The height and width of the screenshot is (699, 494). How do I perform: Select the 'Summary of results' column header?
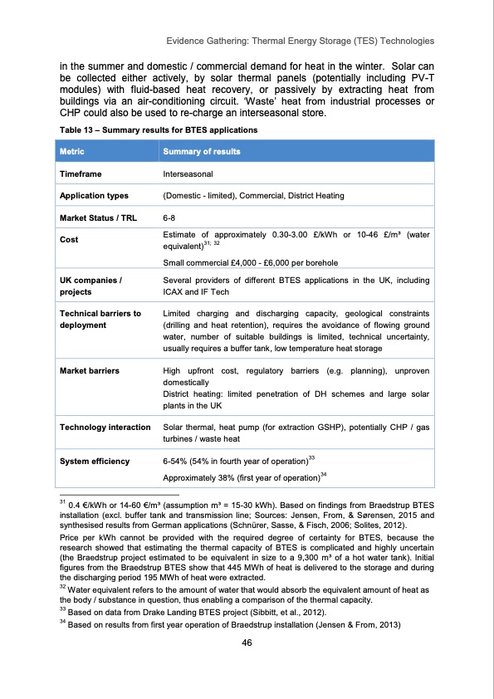coord(202,152)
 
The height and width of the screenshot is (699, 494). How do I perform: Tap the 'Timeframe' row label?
coord(81,174)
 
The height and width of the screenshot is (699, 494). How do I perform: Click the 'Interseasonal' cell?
coord(188,174)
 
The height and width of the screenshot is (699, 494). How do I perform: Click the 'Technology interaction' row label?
coord(103,427)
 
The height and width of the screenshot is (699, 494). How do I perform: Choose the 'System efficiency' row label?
coord(94,461)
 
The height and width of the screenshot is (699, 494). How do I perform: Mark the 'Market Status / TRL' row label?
coord(98,218)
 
